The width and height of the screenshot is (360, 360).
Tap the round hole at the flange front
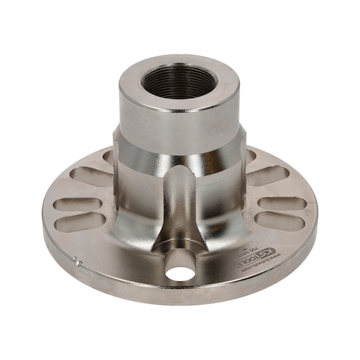[181, 272]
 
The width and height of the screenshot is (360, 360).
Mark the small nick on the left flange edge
[76, 261]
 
